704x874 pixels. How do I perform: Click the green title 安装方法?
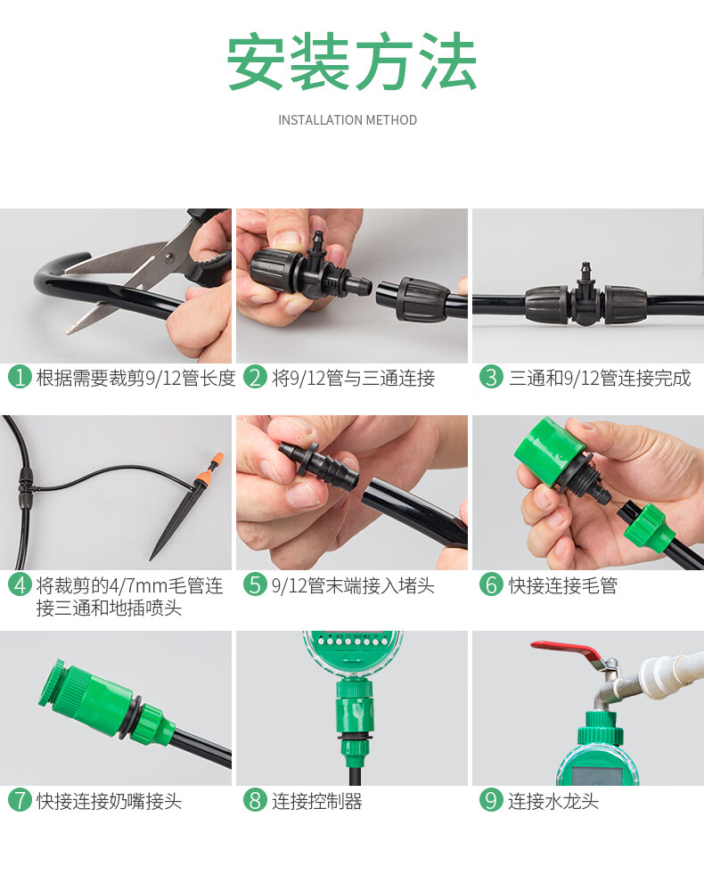[352, 61]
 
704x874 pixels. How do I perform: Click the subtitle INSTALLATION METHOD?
[348, 120]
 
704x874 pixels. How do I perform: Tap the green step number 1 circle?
[20, 378]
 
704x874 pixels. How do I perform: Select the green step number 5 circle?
[255, 584]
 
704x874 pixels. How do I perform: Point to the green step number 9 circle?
[491, 800]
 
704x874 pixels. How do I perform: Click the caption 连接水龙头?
[553, 801]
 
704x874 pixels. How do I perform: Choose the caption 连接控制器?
[316, 801]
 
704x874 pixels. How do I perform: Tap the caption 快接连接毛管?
[562, 585]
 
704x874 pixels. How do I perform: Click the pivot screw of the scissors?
[169, 257]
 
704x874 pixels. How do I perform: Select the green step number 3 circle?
[491, 378]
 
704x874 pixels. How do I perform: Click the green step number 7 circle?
[20, 800]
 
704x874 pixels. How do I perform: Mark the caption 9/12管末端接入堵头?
[352, 585]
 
